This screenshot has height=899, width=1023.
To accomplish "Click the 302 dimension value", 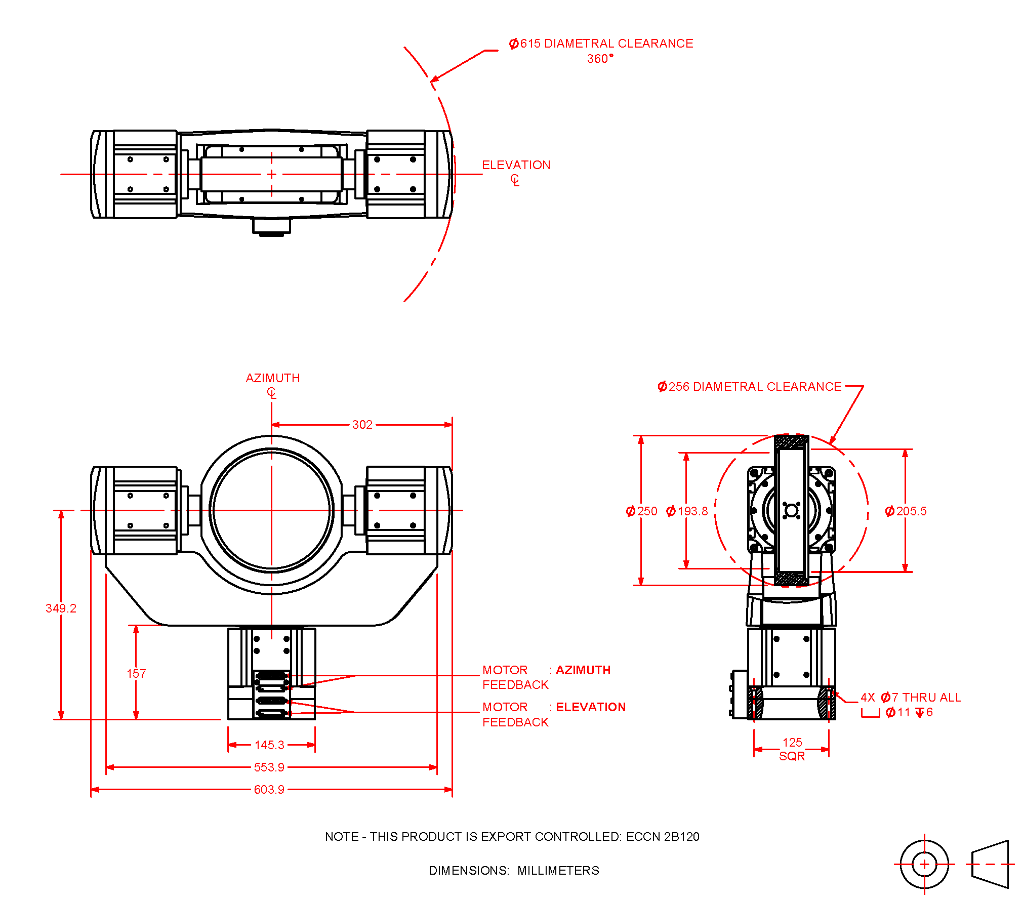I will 362,425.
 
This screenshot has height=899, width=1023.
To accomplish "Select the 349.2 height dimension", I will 61,608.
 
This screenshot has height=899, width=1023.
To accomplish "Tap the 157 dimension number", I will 136,674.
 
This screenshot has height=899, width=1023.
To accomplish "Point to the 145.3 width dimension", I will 269,745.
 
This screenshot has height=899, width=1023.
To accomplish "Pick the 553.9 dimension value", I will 269,767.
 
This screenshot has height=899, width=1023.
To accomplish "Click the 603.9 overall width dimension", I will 269,790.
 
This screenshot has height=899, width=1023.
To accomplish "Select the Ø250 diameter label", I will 641,511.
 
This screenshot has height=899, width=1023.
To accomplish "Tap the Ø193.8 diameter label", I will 687,511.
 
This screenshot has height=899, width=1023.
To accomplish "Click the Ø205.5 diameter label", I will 906,511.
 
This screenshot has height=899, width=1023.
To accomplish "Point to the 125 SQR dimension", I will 792,749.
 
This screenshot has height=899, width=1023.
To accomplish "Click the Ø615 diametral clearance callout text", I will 601,44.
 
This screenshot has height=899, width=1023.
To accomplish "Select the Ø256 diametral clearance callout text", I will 749,387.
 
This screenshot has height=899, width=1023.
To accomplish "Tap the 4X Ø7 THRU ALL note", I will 911,698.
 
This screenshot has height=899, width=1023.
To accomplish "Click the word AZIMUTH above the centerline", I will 273,378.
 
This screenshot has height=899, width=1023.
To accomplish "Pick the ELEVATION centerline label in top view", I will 516,165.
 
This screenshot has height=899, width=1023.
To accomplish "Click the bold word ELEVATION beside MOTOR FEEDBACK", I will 591,707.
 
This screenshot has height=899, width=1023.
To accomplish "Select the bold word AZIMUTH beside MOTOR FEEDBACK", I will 583,670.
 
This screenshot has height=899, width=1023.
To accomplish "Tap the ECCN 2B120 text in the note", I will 663,837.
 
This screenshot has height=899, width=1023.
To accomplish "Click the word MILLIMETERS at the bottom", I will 558,871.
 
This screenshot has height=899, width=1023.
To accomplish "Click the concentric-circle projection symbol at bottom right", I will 924,865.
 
